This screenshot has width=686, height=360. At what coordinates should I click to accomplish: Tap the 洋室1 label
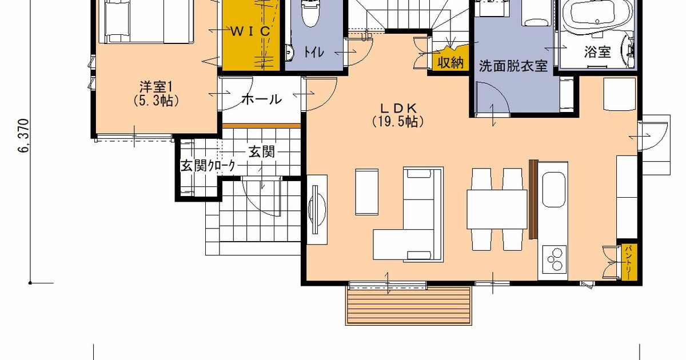155,87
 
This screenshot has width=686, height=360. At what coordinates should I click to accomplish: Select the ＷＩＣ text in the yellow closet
250,31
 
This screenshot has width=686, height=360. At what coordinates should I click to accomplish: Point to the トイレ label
313,53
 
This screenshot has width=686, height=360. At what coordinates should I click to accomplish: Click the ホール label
261,99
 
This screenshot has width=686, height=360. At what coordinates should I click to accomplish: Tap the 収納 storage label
450,62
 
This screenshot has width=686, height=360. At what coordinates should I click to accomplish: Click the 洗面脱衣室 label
513,66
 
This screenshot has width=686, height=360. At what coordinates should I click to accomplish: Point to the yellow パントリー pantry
628,261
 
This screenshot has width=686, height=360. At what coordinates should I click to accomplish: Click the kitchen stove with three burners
554,261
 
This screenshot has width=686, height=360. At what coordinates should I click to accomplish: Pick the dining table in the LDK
497,209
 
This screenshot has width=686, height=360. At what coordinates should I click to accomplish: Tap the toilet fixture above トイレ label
309,13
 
